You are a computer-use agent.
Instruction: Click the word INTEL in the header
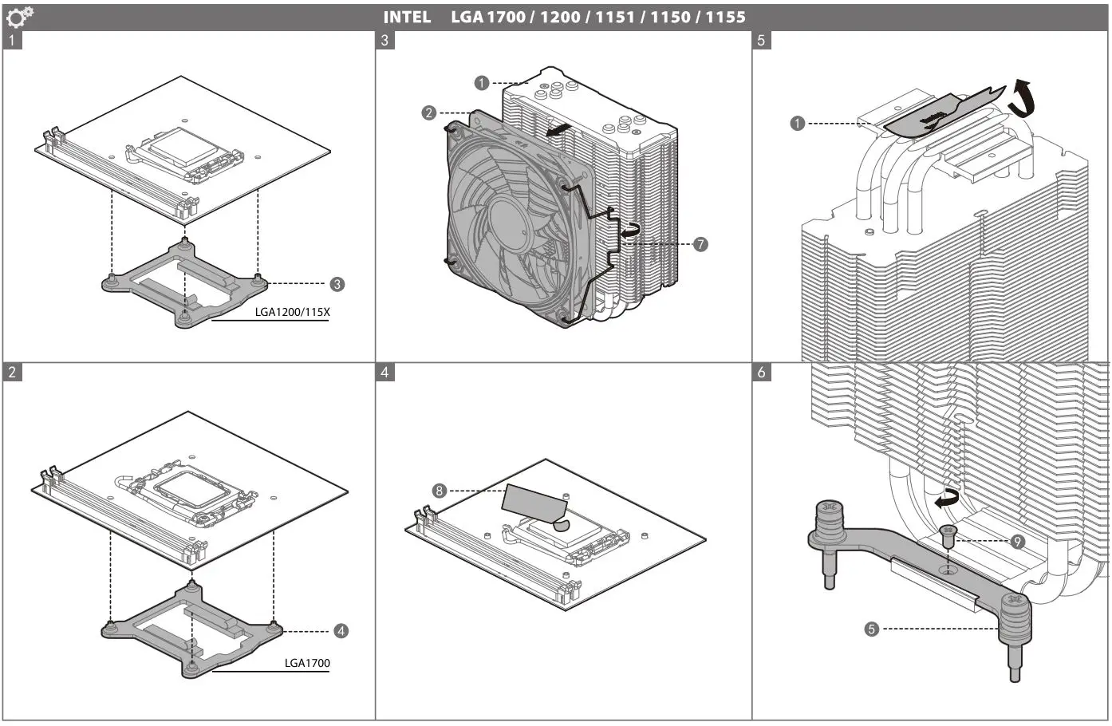(x=407, y=17)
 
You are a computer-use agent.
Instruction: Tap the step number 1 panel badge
(x=12, y=40)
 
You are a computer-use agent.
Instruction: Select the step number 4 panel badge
(x=385, y=373)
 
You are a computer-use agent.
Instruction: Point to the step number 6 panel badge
(x=762, y=373)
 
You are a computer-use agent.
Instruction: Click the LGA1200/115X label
(x=292, y=312)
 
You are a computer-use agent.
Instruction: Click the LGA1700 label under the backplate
(x=307, y=663)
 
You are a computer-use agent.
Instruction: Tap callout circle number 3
(x=337, y=284)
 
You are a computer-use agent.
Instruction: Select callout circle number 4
(x=341, y=631)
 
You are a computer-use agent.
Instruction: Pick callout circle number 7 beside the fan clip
(x=700, y=244)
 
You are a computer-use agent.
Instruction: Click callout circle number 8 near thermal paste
(x=439, y=491)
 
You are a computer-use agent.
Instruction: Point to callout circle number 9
(x=1017, y=542)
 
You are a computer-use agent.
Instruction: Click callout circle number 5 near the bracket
(x=871, y=629)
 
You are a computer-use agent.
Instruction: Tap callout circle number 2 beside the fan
(x=429, y=112)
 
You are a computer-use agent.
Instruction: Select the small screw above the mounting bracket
(x=948, y=536)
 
